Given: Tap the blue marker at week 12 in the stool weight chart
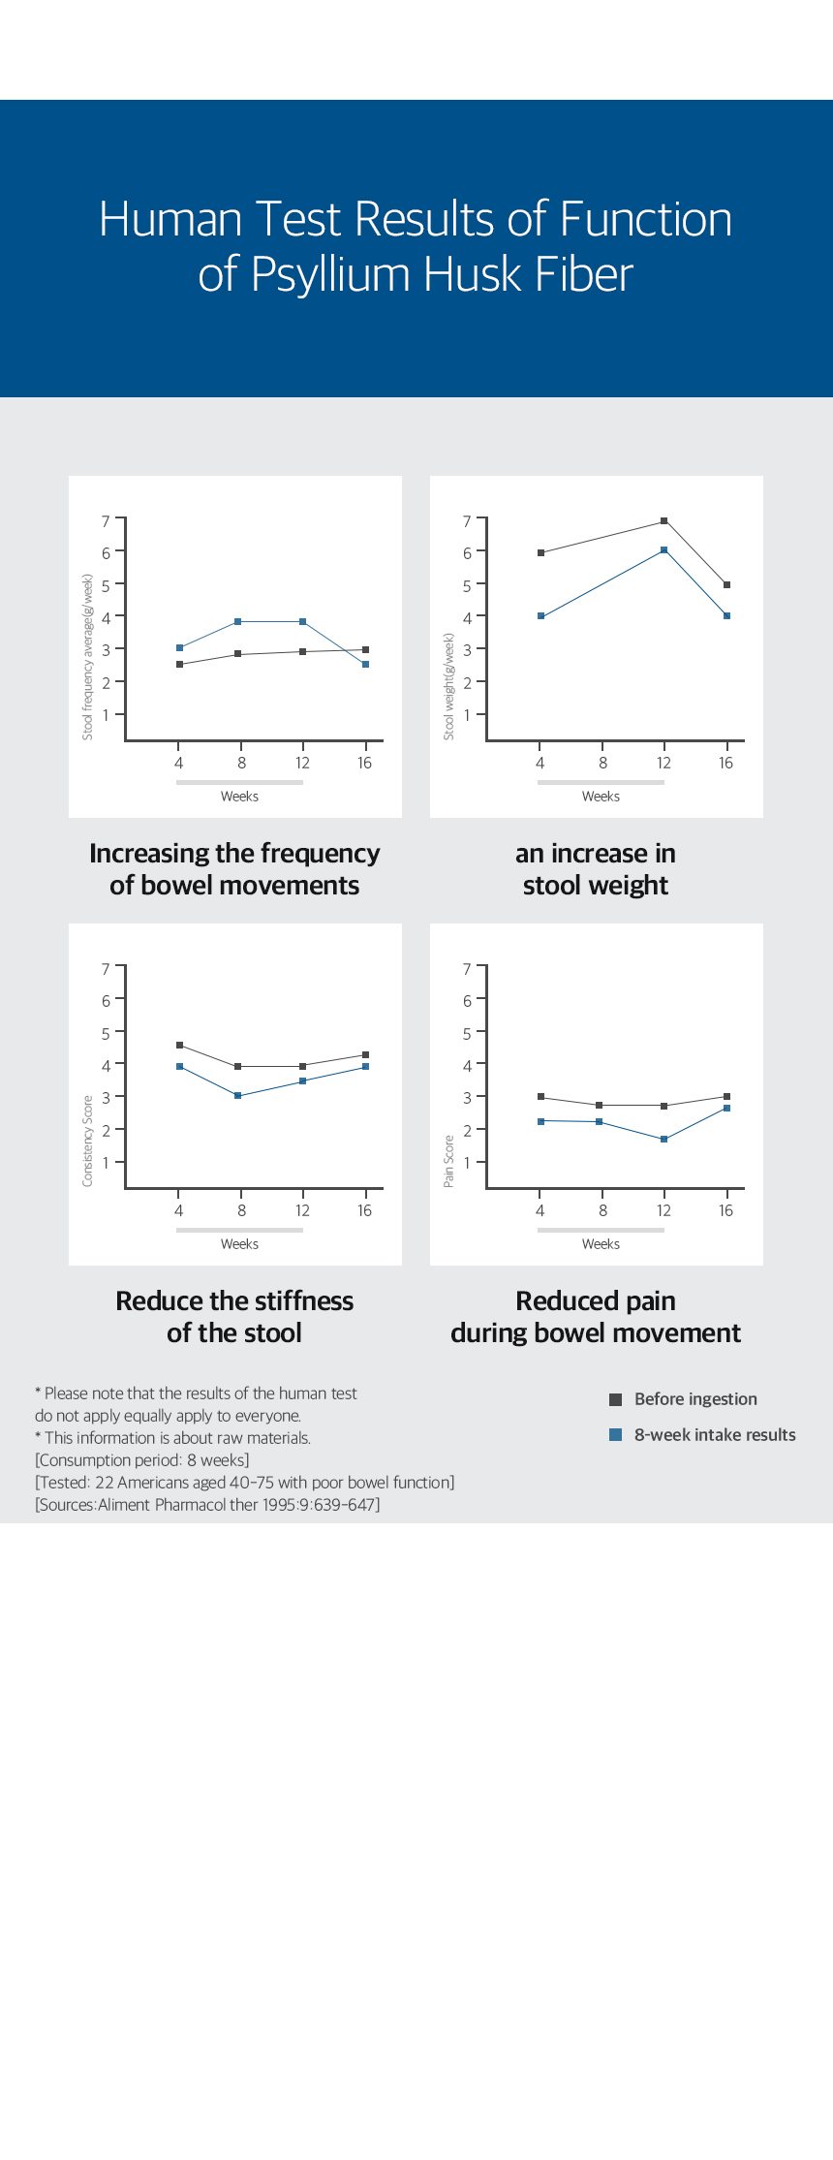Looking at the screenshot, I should [664, 550].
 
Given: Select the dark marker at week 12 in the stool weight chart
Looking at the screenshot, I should [664, 521].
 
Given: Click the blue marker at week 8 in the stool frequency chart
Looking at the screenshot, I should [237, 622].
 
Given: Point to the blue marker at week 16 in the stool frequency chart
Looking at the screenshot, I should [365, 665].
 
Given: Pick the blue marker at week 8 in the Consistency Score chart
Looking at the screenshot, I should [237, 1096].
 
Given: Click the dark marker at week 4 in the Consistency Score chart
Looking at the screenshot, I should [179, 1046].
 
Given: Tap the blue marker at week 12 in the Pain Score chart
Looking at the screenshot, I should [664, 1140].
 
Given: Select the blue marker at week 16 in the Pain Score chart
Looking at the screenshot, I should [726, 1108].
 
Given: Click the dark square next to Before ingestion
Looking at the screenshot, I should [615, 1399].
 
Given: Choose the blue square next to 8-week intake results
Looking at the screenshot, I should [615, 1435].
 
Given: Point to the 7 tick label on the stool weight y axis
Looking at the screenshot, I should [467, 521].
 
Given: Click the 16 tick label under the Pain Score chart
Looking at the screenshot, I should [725, 1210].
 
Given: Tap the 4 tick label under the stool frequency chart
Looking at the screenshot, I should [178, 764].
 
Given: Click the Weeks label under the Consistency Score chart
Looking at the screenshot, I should [239, 1244].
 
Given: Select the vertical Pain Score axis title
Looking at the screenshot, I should [448, 1161].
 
